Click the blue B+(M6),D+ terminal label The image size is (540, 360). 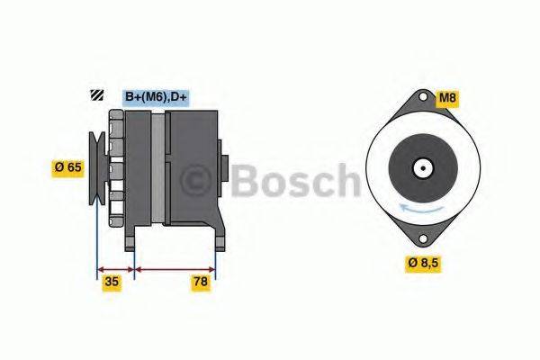(155, 96)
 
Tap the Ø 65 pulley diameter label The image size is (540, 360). (68, 166)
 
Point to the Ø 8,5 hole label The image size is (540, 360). (424, 263)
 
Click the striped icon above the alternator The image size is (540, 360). (94, 96)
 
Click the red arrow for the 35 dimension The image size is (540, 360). (114, 268)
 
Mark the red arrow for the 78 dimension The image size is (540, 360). (175, 268)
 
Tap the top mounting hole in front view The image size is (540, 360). (421, 98)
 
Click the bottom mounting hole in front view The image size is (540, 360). (421, 238)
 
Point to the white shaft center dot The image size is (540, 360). (421, 167)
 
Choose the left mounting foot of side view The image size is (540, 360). (132, 238)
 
